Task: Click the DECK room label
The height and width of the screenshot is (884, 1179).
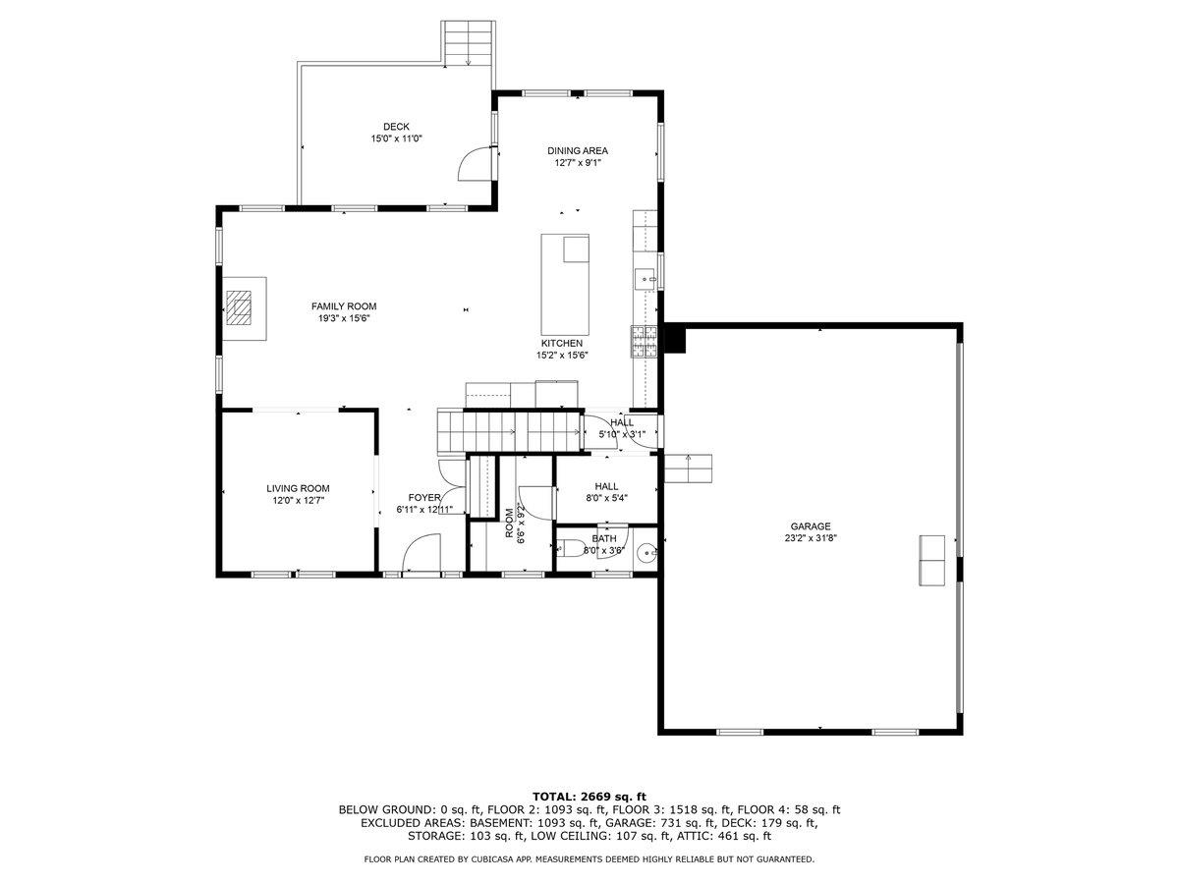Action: click(x=396, y=126)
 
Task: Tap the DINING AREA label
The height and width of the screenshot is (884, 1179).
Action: click(x=578, y=150)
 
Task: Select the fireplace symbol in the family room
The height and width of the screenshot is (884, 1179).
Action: click(x=242, y=308)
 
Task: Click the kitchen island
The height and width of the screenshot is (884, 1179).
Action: click(x=565, y=285)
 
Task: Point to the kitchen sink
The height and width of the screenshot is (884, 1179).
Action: click(x=646, y=279)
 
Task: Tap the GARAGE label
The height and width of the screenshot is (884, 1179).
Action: click(x=811, y=525)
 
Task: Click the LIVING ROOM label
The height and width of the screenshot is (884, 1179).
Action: click(x=298, y=488)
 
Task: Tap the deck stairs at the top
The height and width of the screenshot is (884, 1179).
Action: click(x=469, y=43)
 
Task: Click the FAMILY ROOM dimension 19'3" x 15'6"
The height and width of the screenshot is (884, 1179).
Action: click(x=344, y=318)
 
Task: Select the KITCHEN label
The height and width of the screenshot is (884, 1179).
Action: click(x=561, y=343)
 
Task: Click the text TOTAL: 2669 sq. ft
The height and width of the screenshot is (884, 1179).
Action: click(x=589, y=796)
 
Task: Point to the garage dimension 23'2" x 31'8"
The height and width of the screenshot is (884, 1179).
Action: click(x=811, y=538)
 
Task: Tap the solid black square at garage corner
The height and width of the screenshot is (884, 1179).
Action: click(x=675, y=338)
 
